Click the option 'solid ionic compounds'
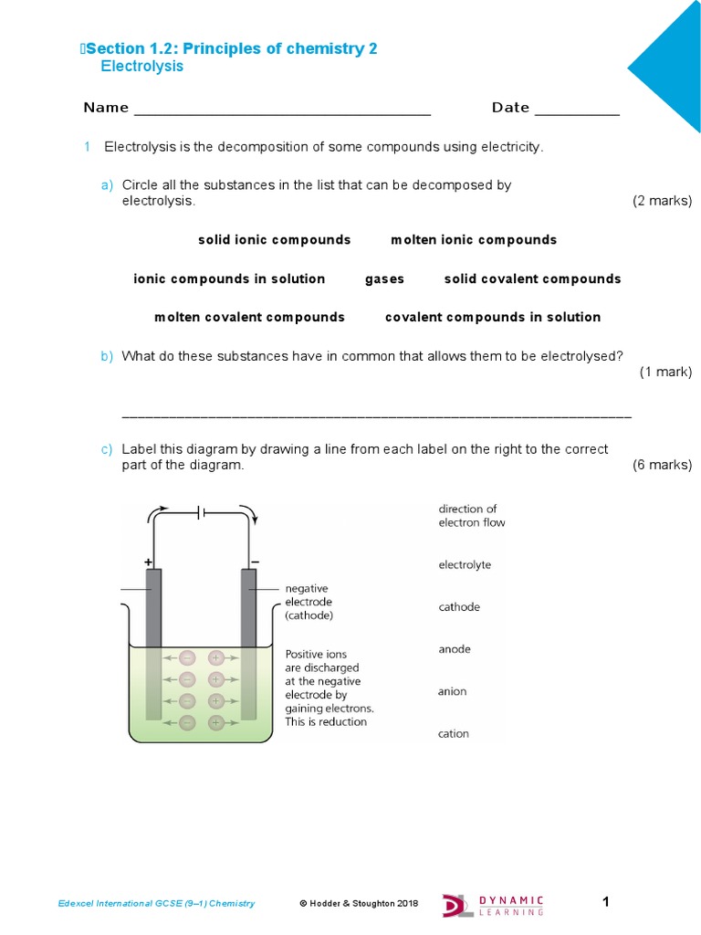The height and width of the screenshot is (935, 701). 274,240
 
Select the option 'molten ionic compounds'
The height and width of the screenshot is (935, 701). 473,240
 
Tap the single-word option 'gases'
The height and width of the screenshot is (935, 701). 384,279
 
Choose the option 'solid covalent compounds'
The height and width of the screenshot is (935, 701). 532,279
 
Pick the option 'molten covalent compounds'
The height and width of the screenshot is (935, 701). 249,318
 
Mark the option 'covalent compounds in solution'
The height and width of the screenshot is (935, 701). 493,318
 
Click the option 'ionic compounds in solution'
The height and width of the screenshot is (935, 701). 229,279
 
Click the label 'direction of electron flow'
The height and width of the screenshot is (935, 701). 471,516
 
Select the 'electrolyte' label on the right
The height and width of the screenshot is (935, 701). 465,565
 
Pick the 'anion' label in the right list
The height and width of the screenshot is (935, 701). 452,691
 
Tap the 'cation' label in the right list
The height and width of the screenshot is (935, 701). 454,733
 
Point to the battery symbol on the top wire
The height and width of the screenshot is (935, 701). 203,513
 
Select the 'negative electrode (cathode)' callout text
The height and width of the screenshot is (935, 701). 309,603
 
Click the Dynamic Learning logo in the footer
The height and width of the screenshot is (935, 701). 493,904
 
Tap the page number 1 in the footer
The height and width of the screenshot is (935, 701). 605,902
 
